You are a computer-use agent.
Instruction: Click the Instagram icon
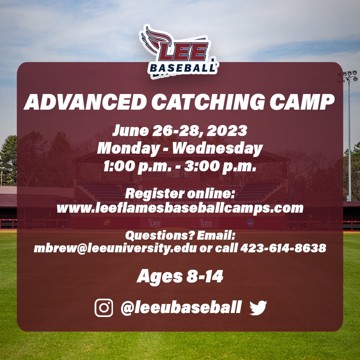pyautogui.click(x=104, y=307)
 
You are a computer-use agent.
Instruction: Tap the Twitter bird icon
pyautogui.click(x=258, y=307)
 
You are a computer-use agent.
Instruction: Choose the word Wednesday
pyautogui.click(x=217, y=148)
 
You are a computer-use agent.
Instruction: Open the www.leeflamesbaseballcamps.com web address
pyautogui.click(x=180, y=208)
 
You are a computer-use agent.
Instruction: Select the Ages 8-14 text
pyautogui.click(x=180, y=277)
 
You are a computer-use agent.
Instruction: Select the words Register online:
pyautogui.click(x=180, y=194)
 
